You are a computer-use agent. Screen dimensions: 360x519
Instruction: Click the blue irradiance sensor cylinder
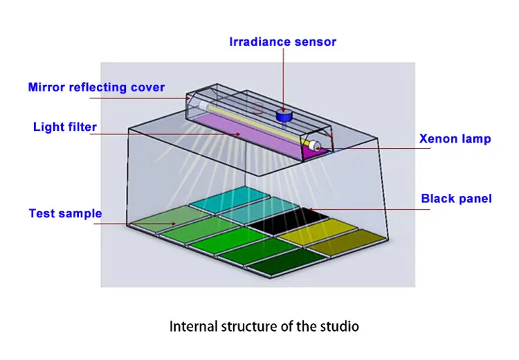[282, 116]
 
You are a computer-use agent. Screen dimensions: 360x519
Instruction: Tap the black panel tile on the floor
[289, 221]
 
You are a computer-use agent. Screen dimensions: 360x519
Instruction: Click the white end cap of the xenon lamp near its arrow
[317, 147]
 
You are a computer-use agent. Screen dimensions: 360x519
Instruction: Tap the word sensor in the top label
[314, 42]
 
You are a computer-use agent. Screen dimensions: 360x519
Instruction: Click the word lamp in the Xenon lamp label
[477, 138]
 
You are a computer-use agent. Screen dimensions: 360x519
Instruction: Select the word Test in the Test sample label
[42, 213]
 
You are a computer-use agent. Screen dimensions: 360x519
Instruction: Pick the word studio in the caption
[340, 325]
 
